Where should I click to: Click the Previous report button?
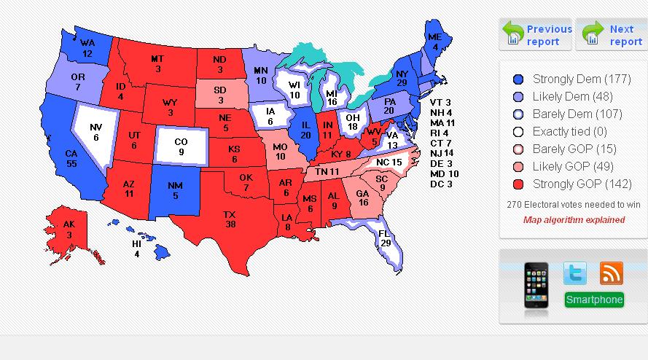coord(536,35)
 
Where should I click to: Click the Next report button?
coord(612,35)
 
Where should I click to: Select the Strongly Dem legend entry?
coord(573,79)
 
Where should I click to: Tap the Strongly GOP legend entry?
coord(573,184)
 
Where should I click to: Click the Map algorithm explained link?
coord(574,219)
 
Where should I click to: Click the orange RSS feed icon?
coord(611,273)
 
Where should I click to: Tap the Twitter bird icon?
coord(575,273)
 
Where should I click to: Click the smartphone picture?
coord(536,289)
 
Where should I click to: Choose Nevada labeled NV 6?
coord(95,132)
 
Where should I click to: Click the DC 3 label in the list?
coord(441,184)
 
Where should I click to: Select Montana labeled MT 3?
coord(157,63)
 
